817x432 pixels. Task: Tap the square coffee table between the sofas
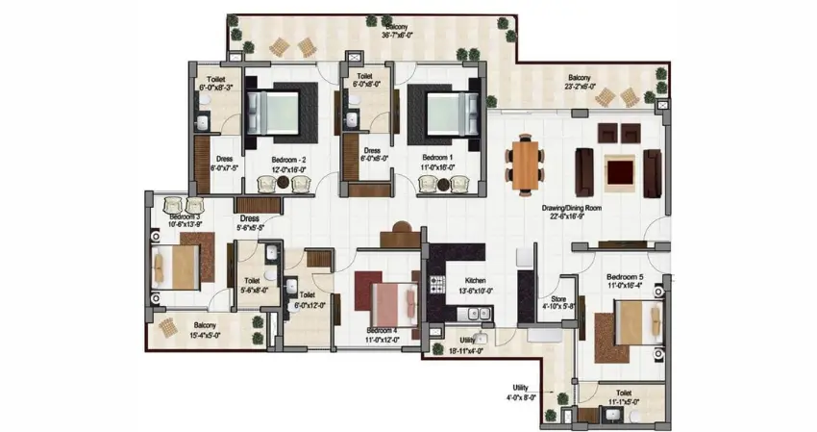tap(618, 171)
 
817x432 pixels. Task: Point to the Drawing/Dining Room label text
tap(573, 212)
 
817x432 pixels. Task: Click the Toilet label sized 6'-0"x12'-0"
tap(307, 300)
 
